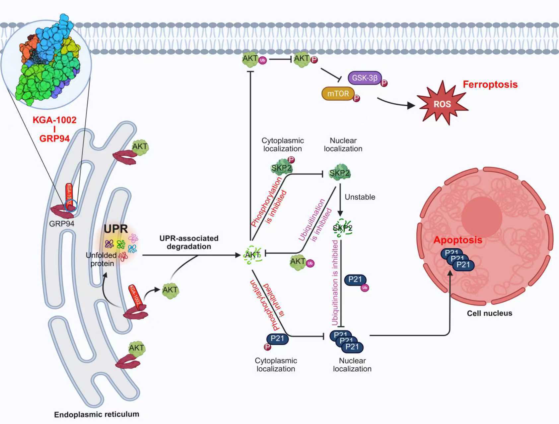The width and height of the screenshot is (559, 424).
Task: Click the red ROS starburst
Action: click(x=442, y=104)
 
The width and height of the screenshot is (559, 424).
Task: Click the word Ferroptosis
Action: click(x=490, y=84)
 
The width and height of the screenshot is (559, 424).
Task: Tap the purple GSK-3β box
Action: click(x=365, y=78)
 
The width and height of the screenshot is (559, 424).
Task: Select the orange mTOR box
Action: click(x=338, y=94)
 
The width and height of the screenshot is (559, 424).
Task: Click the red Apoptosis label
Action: click(x=458, y=240)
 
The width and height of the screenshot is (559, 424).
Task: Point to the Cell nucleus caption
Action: click(x=489, y=313)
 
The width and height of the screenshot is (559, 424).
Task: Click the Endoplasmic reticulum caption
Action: click(x=97, y=414)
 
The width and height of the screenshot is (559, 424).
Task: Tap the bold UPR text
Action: click(x=116, y=229)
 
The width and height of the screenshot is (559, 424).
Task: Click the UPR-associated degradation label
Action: click(x=189, y=242)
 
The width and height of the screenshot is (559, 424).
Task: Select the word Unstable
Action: click(x=360, y=197)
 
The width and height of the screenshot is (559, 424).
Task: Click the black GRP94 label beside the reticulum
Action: click(x=62, y=224)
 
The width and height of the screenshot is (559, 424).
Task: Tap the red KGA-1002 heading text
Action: click(x=54, y=120)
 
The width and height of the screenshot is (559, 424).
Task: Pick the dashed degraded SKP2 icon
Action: click(x=342, y=228)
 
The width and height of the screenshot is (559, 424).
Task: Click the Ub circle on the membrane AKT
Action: click(x=262, y=60)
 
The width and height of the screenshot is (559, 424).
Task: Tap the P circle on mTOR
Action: click(x=356, y=98)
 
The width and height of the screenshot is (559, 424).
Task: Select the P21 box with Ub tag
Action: click(x=355, y=280)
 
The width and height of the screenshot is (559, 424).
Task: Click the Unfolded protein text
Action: click(x=101, y=259)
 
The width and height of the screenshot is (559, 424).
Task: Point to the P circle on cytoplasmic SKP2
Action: click(x=291, y=160)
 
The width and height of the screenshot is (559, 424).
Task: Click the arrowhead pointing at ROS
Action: click(x=411, y=105)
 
